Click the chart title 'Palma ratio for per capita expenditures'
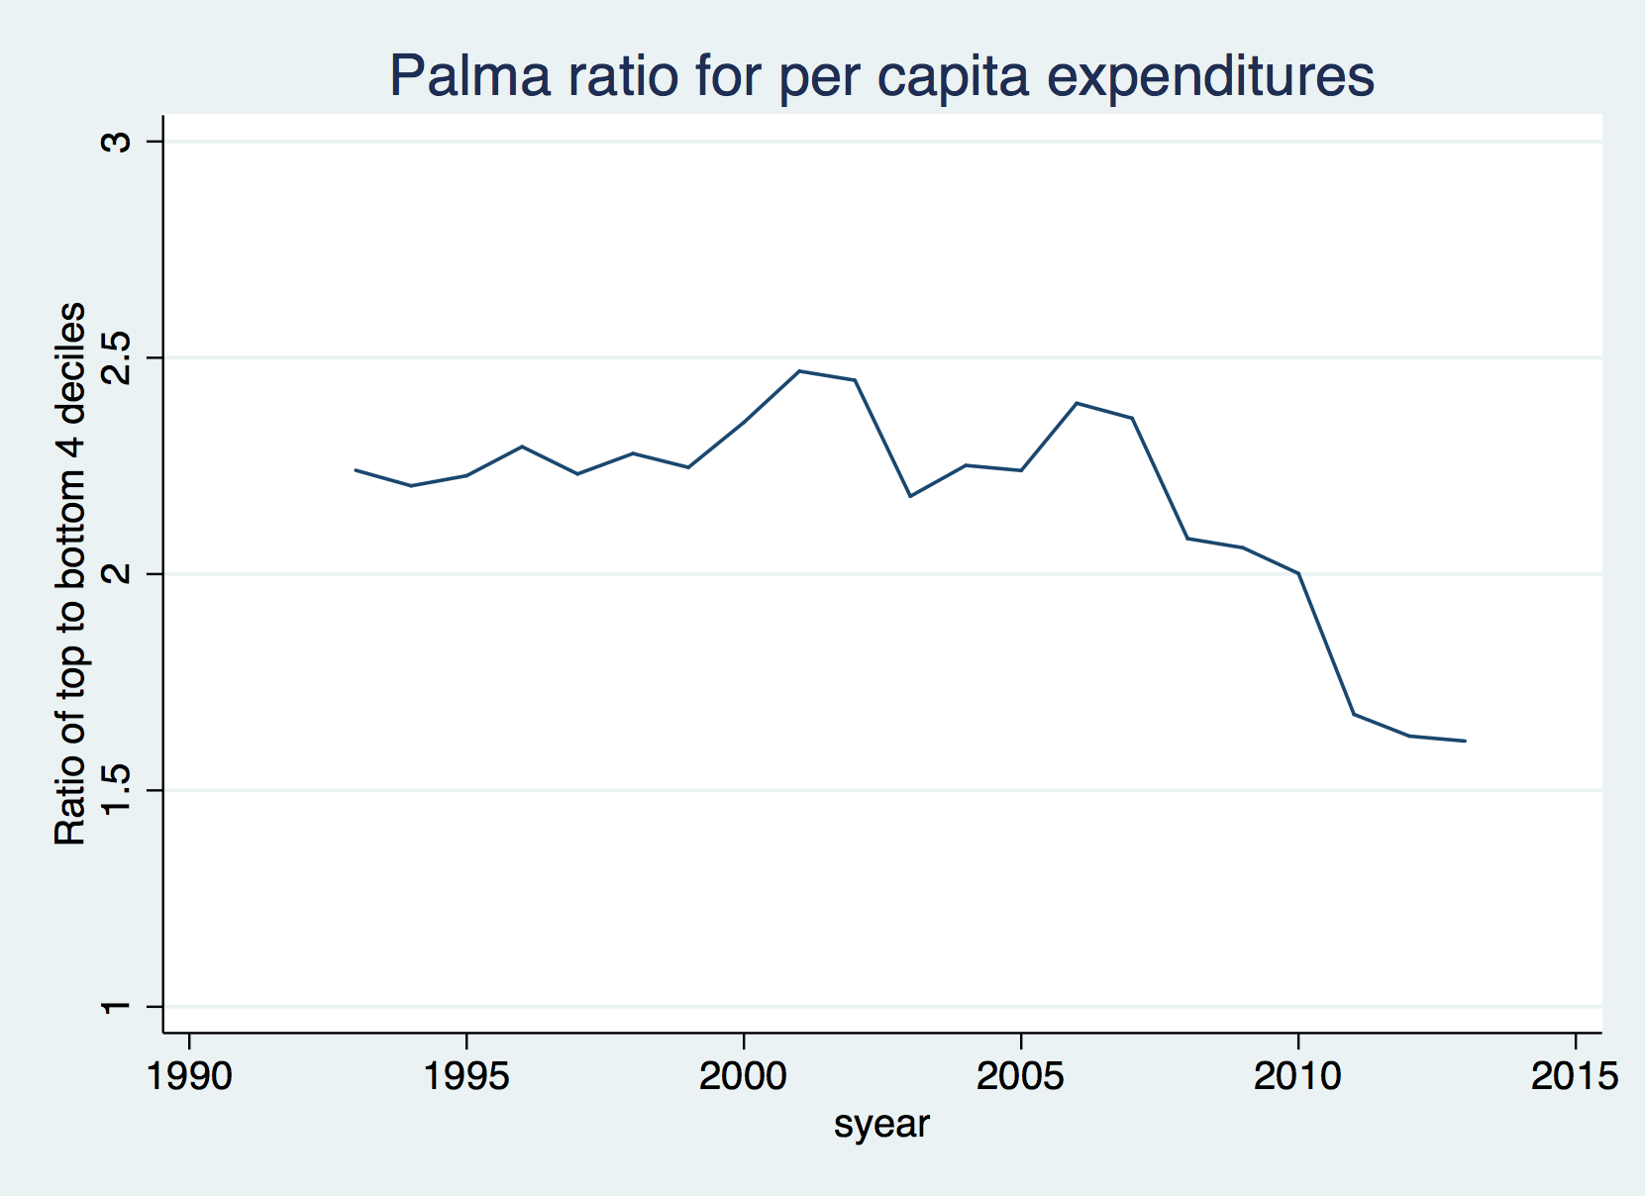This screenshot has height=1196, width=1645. click(881, 75)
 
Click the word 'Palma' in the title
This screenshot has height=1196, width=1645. click(469, 75)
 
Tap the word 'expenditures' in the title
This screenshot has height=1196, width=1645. click(1210, 75)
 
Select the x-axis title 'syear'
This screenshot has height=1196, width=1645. click(881, 1125)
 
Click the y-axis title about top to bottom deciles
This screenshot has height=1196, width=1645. click(70, 574)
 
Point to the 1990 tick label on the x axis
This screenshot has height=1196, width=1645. click(189, 1076)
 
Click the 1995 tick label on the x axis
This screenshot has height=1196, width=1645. click(466, 1076)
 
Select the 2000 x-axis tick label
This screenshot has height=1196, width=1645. click(743, 1076)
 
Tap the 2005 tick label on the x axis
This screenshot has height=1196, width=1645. click(1020, 1076)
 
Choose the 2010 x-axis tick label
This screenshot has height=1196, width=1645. click(1297, 1076)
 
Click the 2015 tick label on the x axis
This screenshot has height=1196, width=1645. click(1575, 1076)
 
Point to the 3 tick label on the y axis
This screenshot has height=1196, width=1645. click(117, 142)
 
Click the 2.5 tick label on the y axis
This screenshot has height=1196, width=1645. click(117, 357)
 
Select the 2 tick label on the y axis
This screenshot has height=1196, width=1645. click(117, 573)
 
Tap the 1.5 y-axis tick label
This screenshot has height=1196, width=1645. click(117, 790)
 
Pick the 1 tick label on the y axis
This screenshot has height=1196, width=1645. click(117, 1007)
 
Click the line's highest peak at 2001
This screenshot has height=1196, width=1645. click(799, 371)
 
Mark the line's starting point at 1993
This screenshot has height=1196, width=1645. click(356, 470)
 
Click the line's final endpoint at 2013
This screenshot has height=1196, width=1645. click(1465, 741)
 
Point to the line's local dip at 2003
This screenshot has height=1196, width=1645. click(910, 496)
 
